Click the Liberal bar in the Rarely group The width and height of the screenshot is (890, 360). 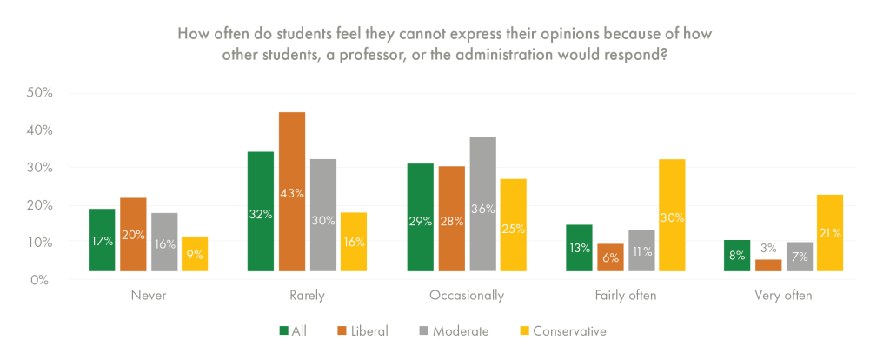pyautogui.click(x=292, y=191)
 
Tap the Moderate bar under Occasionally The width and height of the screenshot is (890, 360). pyautogui.click(x=482, y=203)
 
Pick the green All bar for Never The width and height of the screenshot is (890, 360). pyautogui.click(x=102, y=239)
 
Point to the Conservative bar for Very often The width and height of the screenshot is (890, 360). pyautogui.click(x=831, y=232)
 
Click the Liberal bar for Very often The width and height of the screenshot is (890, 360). pyautogui.click(x=768, y=265)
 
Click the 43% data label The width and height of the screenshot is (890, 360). pyautogui.click(x=292, y=193)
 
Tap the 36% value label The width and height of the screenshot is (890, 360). pyautogui.click(x=482, y=209)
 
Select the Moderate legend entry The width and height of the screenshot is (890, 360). pyautogui.click(x=453, y=330)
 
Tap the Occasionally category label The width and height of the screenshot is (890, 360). pyautogui.click(x=467, y=296)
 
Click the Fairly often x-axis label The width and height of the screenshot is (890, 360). pyautogui.click(x=625, y=296)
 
